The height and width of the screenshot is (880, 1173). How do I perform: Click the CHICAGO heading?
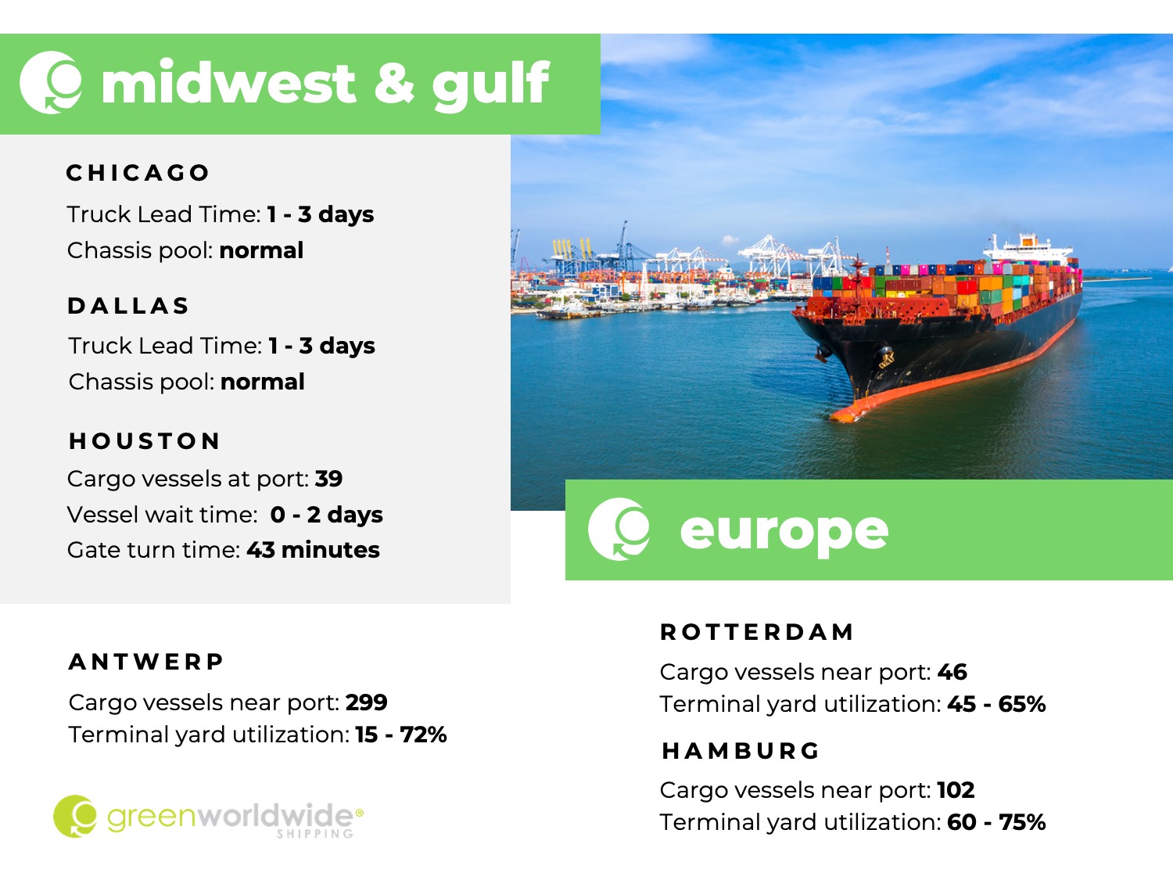pyautogui.click(x=138, y=173)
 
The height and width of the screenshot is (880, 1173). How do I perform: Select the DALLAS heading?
pyautogui.click(x=128, y=306)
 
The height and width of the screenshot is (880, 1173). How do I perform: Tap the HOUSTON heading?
pyautogui.click(x=145, y=441)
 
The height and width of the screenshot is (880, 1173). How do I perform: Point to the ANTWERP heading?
pyautogui.click(x=146, y=662)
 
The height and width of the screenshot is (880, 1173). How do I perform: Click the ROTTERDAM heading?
pyautogui.click(x=757, y=632)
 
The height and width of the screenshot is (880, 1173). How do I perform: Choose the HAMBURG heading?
pyautogui.click(x=740, y=751)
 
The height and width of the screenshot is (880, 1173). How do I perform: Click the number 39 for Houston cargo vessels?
pyautogui.click(x=328, y=479)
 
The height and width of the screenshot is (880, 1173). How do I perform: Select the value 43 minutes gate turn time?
pyautogui.click(x=313, y=550)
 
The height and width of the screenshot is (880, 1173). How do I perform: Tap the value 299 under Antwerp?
pyautogui.click(x=367, y=702)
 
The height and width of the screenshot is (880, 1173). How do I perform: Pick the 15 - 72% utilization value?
pyautogui.click(x=401, y=735)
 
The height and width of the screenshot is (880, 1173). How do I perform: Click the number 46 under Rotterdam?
pyautogui.click(x=952, y=672)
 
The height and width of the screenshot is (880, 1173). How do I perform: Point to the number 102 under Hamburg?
pyautogui.click(x=956, y=790)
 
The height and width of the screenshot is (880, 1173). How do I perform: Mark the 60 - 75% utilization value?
pyautogui.click(x=996, y=822)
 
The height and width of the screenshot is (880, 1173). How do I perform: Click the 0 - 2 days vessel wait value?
pyautogui.click(x=327, y=515)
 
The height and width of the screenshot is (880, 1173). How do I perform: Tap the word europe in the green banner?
pyautogui.click(x=784, y=532)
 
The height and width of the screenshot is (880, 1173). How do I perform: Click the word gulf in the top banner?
pyautogui.click(x=490, y=85)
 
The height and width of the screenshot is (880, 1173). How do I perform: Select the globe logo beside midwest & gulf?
pyautogui.click(x=52, y=82)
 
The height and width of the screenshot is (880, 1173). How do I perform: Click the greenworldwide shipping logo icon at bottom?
pyautogui.click(x=75, y=816)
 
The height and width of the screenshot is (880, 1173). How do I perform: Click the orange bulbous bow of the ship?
pyautogui.click(x=854, y=411)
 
